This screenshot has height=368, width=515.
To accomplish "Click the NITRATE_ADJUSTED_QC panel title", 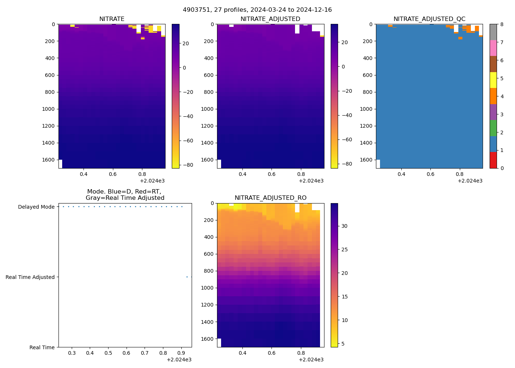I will [x=429, y=19].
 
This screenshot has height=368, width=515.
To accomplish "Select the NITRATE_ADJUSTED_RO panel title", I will [x=270, y=198].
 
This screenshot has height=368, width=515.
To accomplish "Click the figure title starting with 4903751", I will [x=257, y=10].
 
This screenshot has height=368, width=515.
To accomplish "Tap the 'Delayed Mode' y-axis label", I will [x=36, y=207].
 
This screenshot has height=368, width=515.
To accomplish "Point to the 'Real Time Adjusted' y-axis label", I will [x=30, y=277].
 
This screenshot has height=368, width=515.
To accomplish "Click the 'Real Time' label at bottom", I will [x=42, y=347].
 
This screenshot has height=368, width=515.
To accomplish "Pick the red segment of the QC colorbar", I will [x=493, y=160].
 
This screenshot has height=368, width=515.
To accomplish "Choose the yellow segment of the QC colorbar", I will [x=493, y=80].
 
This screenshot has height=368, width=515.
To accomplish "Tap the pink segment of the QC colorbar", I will [x=493, y=48].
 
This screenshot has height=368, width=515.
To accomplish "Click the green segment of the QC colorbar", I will [x=493, y=128].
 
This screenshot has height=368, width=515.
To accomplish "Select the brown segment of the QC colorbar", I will [x=493, y=64].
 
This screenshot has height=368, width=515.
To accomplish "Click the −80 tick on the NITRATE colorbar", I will [x=188, y=165].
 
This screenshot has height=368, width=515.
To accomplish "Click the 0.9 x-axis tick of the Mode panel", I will [x=181, y=353].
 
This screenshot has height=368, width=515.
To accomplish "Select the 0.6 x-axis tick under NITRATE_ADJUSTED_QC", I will [x=430, y=174].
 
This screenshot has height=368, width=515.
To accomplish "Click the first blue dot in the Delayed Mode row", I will [x=63, y=207].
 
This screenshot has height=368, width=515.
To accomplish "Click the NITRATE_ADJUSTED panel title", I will [x=270, y=19].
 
